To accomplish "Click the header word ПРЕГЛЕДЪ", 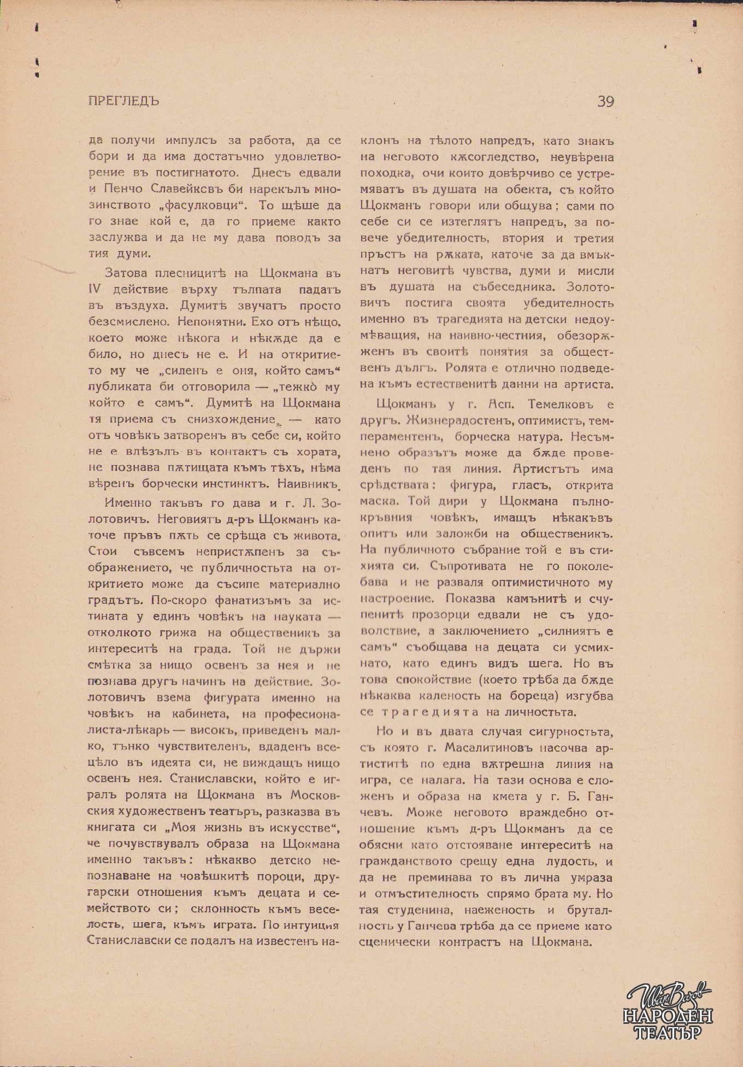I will click(123, 101).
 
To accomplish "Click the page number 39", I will click(606, 102).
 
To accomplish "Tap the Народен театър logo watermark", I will click(668, 1011).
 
